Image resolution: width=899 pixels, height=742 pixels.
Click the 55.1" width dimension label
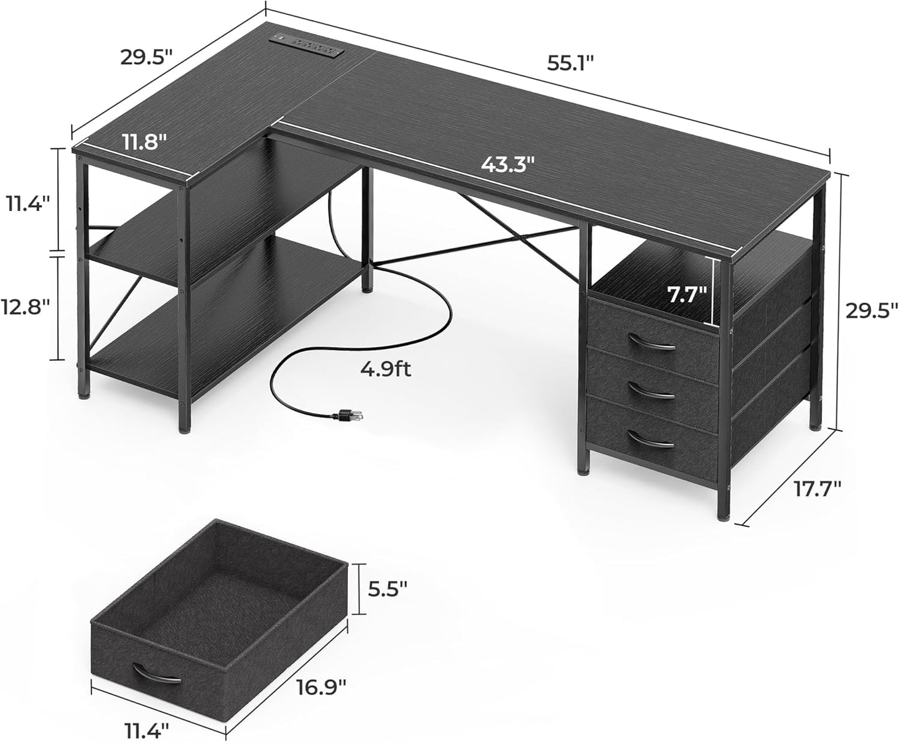tap(571, 63)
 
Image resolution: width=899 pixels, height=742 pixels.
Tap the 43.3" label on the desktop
tap(508, 165)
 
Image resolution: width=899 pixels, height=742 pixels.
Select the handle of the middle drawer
tap(651, 390)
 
